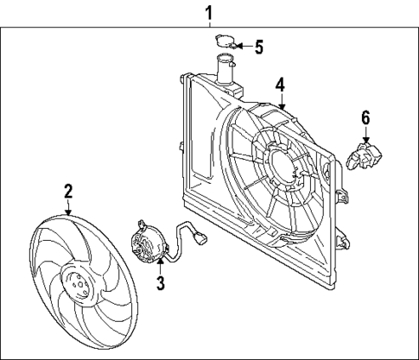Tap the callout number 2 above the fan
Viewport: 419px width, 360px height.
(67, 191)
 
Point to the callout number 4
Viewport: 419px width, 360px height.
(280, 85)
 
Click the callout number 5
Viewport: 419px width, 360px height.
(258, 46)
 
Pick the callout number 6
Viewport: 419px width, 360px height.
(365, 117)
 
